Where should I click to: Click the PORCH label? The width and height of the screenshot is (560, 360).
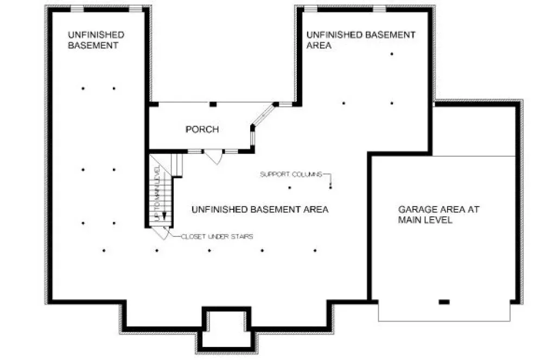click(x=202, y=129)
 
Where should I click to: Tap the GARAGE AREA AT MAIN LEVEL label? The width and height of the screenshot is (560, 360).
click(x=438, y=215)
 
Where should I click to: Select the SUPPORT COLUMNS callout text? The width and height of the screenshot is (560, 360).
click(x=291, y=174)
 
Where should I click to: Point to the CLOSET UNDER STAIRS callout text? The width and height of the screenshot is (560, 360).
click(x=217, y=236)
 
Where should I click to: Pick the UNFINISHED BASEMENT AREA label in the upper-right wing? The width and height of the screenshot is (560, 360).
click(x=360, y=40)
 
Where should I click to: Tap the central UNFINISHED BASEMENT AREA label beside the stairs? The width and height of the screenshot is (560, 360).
click(x=260, y=209)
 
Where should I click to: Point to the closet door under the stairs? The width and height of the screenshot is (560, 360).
click(x=159, y=232)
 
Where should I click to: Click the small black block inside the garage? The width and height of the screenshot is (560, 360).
click(x=444, y=301)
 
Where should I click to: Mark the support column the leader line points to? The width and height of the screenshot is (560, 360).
click(x=330, y=187)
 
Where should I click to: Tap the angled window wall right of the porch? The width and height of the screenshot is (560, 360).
click(x=263, y=115)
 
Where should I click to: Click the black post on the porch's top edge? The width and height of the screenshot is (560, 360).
click(x=213, y=104)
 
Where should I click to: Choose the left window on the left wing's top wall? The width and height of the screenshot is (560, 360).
click(x=77, y=9)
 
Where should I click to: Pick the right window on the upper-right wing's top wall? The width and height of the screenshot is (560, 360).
click(x=379, y=9)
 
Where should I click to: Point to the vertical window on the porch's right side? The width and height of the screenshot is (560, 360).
click(x=252, y=138)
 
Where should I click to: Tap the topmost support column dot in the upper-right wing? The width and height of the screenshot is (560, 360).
click(x=391, y=54)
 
